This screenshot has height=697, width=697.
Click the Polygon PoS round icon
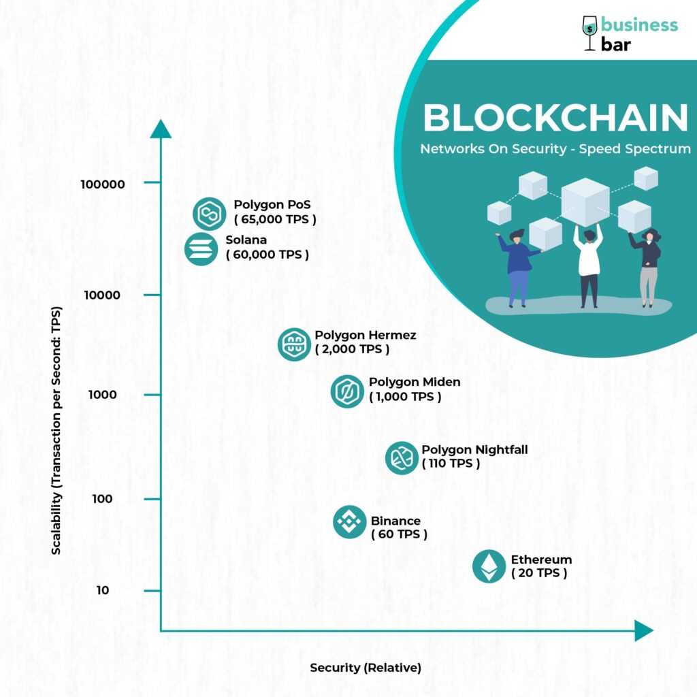(x=209, y=214)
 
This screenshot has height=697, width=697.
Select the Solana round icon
(x=200, y=248)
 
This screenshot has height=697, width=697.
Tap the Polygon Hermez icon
(x=294, y=344)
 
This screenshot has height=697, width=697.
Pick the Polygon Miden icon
(x=348, y=391)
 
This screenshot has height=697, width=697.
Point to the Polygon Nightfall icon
(x=402, y=457)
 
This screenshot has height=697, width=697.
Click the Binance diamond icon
(x=350, y=522)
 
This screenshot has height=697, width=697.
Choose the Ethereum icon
(x=489, y=566)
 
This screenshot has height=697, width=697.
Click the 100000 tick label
(x=102, y=184)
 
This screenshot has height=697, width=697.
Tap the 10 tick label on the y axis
(x=103, y=589)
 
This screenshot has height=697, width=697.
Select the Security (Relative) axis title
(x=366, y=668)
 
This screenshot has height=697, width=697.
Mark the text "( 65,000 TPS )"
(x=276, y=220)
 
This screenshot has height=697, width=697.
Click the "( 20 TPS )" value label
(x=539, y=573)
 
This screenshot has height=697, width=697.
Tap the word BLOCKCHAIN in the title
(x=555, y=118)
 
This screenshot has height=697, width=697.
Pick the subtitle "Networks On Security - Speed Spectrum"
(x=555, y=148)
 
